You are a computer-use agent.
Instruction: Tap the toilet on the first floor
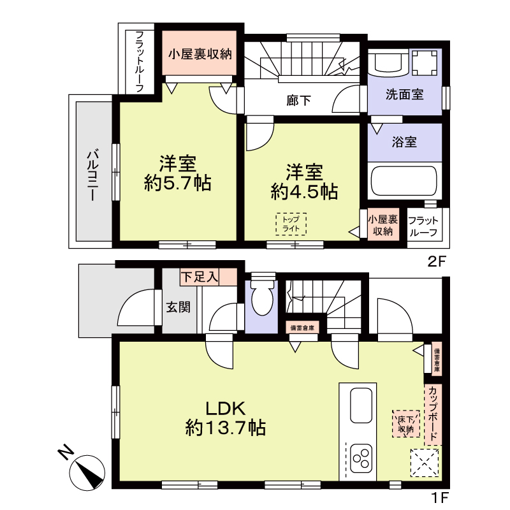(x=261, y=298)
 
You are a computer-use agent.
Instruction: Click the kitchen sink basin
(x=361, y=405)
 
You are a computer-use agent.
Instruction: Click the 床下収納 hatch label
(x=406, y=423)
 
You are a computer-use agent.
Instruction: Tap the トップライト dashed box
(x=291, y=224)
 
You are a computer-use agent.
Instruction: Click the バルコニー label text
(x=92, y=174)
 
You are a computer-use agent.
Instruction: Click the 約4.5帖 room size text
(x=303, y=191)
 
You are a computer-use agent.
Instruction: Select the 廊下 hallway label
(x=298, y=99)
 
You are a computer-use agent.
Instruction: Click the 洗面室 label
(x=404, y=95)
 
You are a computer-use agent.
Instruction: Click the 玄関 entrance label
(x=178, y=307)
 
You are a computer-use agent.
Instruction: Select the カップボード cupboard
(x=433, y=414)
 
